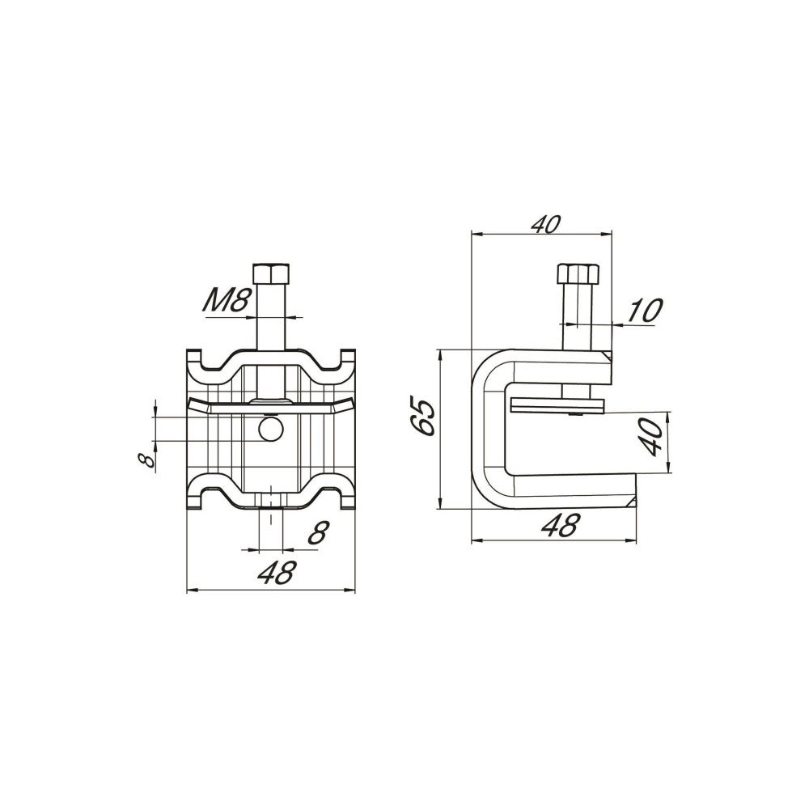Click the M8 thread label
tap(227, 301)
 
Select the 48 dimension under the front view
tap(278, 573)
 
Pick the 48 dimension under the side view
tap(561, 525)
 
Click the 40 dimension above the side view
tap(545, 224)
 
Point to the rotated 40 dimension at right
tap(651, 437)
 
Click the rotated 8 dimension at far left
tap(148, 459)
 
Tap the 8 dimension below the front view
tap(318, 532)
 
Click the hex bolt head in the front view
tap(270, 273)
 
